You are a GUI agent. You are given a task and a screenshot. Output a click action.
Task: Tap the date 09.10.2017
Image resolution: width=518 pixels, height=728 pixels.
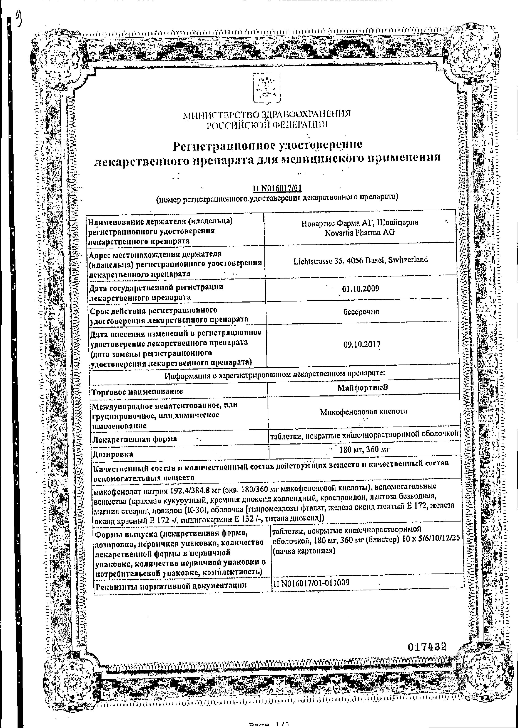pyautogui.click(x=362, y=344)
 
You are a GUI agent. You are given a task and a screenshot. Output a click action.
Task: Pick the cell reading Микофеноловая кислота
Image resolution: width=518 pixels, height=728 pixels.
pyautogui.click(x=364, y=411)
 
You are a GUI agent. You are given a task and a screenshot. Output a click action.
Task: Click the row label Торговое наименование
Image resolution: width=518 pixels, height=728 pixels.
pyautogui.click(x=137, y=391)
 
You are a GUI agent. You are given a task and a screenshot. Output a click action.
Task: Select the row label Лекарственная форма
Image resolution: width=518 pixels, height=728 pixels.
pyautogui.click(x=135, y=439)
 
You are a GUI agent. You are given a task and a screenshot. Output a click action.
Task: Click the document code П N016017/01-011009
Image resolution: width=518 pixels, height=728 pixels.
pyautogui.click(x=311, y=583)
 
